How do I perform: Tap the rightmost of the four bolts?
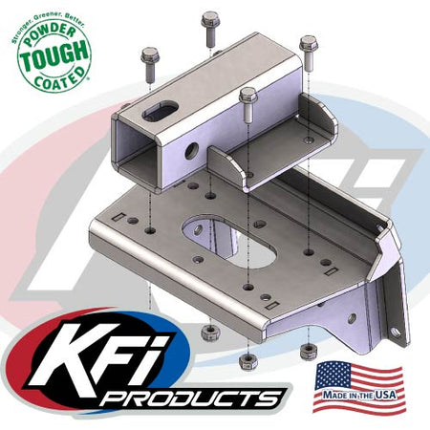[307, 50]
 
